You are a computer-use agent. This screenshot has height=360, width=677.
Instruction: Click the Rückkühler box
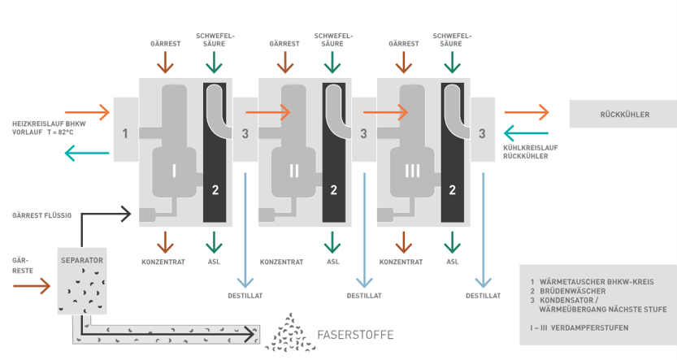[x=623, y=115]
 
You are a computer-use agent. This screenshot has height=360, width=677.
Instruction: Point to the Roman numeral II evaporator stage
[x=293, y=170]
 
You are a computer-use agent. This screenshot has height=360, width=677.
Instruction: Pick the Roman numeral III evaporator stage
[x=412, y=170]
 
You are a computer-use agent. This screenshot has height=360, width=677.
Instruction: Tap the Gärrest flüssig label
[x=42, y=216]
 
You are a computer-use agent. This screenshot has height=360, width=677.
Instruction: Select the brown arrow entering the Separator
[x=33, y=287]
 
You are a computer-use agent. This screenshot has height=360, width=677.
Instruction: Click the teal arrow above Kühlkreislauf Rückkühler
[x=526, y=132]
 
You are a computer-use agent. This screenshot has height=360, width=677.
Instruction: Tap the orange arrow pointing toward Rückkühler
[x=526, y=112]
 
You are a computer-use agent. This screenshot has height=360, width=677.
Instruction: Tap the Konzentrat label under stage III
[x=399, y=262]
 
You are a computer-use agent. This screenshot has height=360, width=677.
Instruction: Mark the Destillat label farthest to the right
[x=483, y=296]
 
